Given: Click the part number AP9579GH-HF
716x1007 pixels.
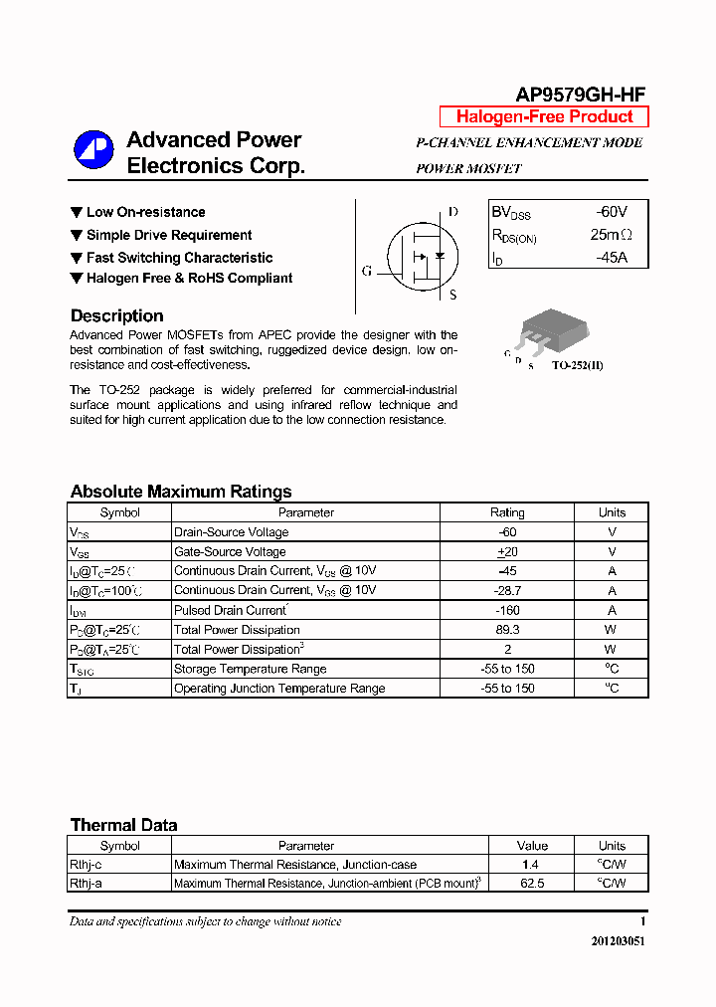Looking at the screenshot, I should pos(580,95).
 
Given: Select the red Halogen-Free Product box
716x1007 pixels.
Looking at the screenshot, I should pos(544,116).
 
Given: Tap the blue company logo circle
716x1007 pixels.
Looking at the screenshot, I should pos(93,151).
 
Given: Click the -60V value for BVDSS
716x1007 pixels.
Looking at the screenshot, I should pos(611,212).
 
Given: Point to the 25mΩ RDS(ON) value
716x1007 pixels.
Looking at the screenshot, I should pos(611,235).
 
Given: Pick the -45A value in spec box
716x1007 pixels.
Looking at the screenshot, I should pos(611,258).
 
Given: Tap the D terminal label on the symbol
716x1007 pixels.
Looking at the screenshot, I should pos(452,212).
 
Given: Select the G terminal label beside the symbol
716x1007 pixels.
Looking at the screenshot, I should pos(367,271).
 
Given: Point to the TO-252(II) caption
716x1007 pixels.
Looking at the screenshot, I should pos(577,365).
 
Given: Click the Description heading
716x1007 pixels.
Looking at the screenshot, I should pos(116,315).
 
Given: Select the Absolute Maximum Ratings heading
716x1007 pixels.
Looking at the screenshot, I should pos(181,492).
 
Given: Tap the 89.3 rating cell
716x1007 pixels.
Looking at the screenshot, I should pos(507,630).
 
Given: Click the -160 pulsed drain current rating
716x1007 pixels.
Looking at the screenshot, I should pos(507,610).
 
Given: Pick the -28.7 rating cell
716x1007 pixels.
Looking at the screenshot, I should pos(507,591).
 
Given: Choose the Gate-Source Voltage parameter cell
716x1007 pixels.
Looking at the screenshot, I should pos(230,551).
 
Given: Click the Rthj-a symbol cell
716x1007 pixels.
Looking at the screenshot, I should pos(86,883).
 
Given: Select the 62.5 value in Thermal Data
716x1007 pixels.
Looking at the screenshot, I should pos(532,883).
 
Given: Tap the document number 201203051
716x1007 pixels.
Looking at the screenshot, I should pos(616,940).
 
